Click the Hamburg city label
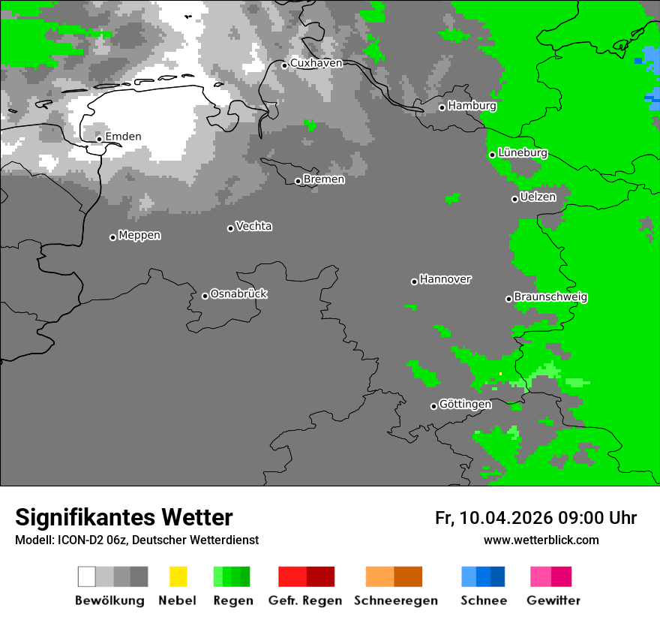click(x=472, y=106)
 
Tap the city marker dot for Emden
click(x=99, y=139)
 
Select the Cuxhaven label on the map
click(x=316, y=63)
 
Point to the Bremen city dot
click(x=298, y=181)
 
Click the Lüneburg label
click(x=523, y=153)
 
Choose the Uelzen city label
click(x=538, y=197)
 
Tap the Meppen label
click(x=139, y=236)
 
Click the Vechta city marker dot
click(x=230, y=228)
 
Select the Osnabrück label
click(x=238, y=294)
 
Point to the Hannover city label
click(x=445, y=279)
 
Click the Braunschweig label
click(x=550, y=297)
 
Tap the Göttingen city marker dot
click(x=433, y=406)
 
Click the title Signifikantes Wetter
click(x=124, y=517)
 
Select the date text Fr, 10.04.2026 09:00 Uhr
click(x=535, y=518)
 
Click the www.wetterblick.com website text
click(x=541, y=540)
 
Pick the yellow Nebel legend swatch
click(x=178, y=576)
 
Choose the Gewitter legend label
click(x=553, y=600)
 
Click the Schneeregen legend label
click(x=395, y=600)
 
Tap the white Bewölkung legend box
click(x=87, y=576)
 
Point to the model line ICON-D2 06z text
click(x=136, y=540)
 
